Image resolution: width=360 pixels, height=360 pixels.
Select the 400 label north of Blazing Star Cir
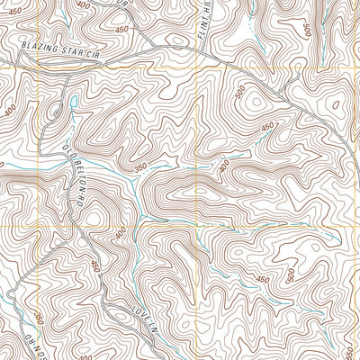tap(83, 5)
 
